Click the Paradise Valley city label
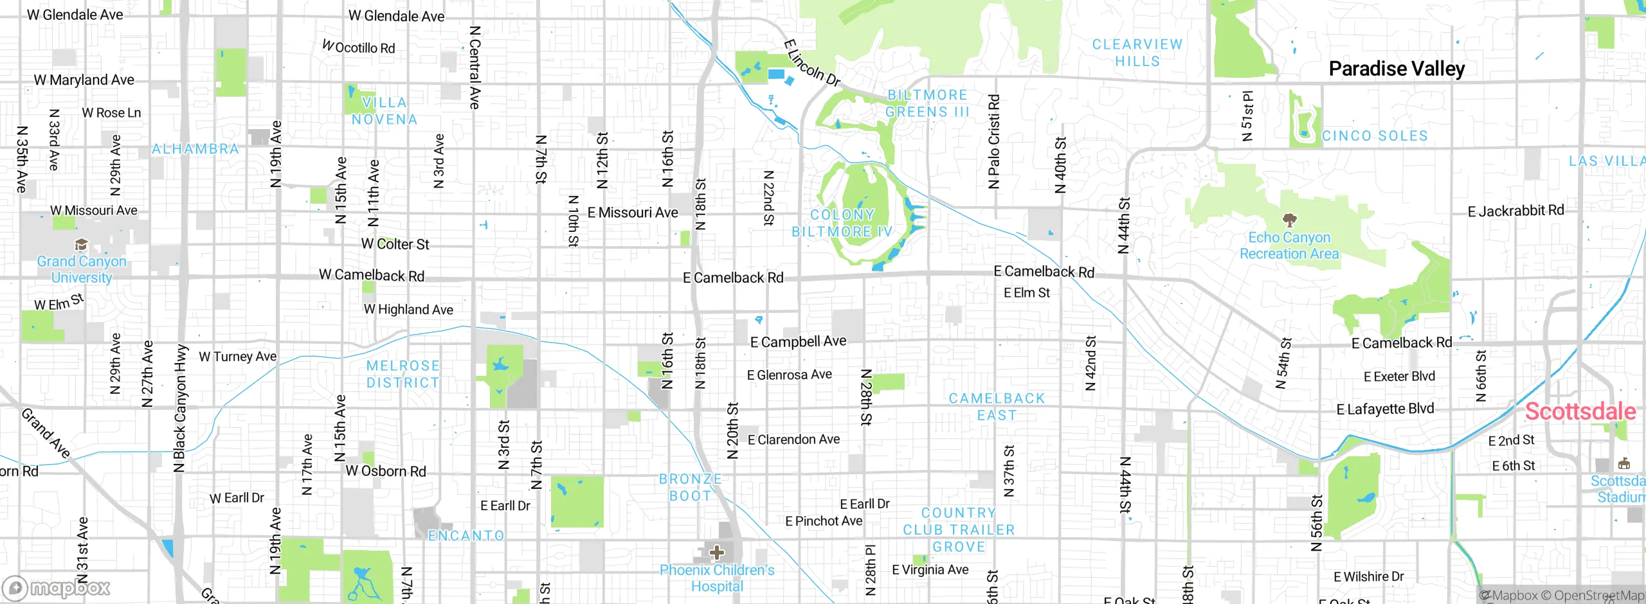click(x=1397, y=69)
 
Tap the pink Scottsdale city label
click(x=1580, y=411)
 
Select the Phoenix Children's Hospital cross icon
click(x=717, y=553)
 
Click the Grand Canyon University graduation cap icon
click(x=81, y=245)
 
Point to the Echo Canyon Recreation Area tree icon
click(x=1289, y=220)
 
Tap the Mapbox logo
click(x=57, y=587)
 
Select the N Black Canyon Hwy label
click(x=180, y=409)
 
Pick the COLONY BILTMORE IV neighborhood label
click(x=842, y=223)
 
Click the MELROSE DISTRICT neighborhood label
click(x=403, y=374)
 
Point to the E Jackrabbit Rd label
click(x=1515, y=211)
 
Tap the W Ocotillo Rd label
click(x=359, y=48)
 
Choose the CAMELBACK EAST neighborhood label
click(x=997, y=407)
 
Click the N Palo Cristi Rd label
click(x=994, y=141)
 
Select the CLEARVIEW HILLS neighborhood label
click(x=1137, y=53)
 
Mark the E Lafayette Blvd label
click(x=1385, y=409)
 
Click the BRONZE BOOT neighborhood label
click(x=690, y=487)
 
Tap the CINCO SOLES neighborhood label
click(x=1375, y=136)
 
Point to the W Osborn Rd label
click(x=386, y=471)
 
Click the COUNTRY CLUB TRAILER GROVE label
click(x=959, y=529)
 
